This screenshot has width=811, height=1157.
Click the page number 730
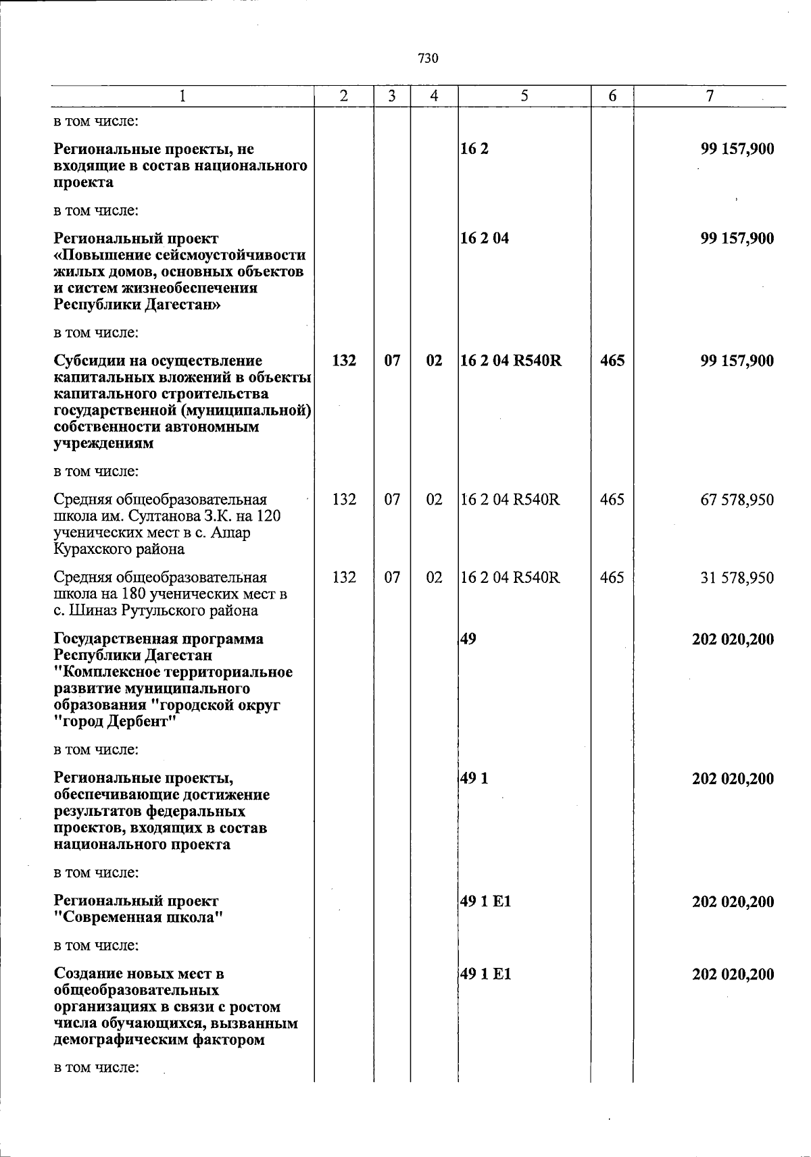click(x=428, y=59)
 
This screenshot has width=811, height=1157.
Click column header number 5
click(x=524, y=97)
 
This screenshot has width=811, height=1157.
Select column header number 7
click(x=710, y=97)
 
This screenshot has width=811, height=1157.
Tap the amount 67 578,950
click(x=737, y=500)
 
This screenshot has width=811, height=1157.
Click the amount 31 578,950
click(x=737, y=578)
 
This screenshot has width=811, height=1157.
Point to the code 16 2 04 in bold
click(x=485, y=238)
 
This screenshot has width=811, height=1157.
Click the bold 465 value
click(x=612, y=361)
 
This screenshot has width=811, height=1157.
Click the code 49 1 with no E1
click(x=474, y=779)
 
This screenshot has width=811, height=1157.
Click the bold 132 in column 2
click(x=345, y=361)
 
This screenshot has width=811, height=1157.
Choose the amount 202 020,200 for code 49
click(x=733, y=639)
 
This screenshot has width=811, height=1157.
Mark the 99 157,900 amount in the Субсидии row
click(x=737, y=361)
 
